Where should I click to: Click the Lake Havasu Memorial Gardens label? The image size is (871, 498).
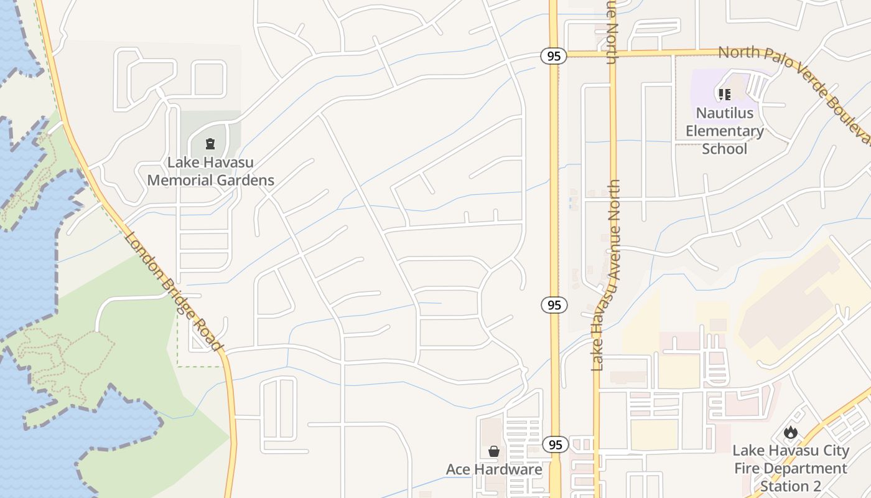(x=210, y=171)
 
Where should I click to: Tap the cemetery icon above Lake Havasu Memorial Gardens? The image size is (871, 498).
(x=210, y=144)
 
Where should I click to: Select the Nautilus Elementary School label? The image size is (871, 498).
(x=725, y=131)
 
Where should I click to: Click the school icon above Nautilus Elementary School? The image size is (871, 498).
(x=724, y=95)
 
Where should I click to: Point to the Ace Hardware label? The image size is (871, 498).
(x=494, y=469)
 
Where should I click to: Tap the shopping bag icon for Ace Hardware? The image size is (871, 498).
(x=494, y=451)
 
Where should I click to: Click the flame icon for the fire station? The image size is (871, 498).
(x=791, y=432)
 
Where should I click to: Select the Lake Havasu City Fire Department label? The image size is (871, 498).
(x=790, y=459)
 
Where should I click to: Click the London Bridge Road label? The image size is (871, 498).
(x=173, y=291)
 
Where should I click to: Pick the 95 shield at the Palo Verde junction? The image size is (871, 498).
(x=553, y=56)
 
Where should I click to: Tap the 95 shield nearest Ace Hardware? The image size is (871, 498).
(x=555, y=444)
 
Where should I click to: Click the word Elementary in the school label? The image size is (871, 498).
(x=725, y=131)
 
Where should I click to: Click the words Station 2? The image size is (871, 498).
(x=790, y=486)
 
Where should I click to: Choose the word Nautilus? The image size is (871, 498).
(x=725, y=113)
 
